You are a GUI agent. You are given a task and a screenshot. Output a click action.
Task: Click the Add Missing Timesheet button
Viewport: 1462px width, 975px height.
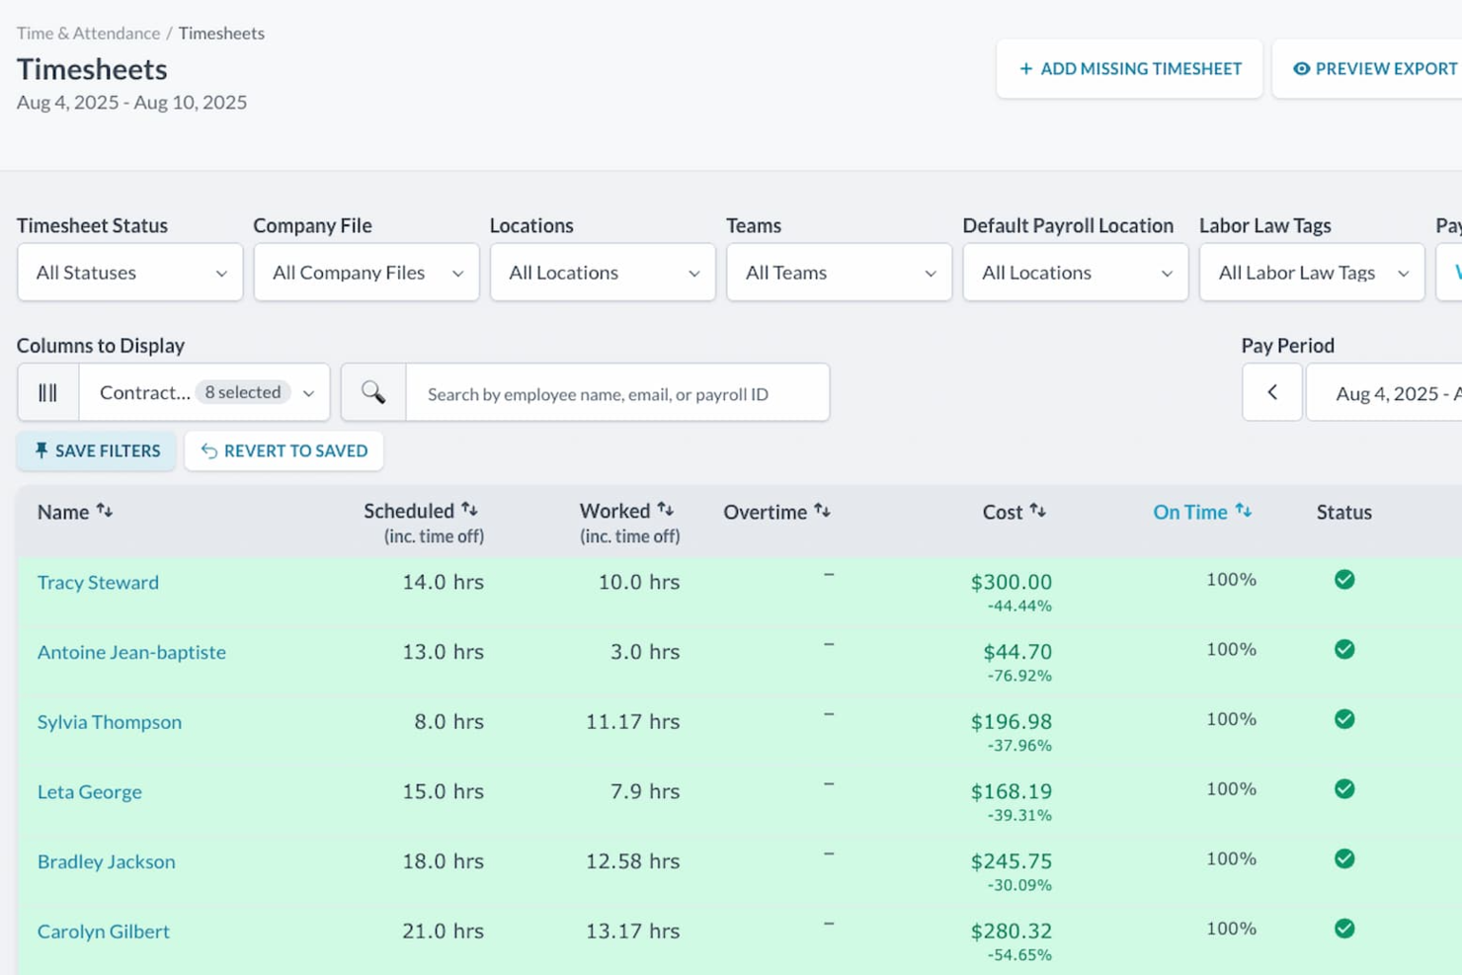tap(1129, 69)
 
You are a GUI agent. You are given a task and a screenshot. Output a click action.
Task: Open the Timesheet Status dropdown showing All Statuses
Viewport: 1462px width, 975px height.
tap(129, 273)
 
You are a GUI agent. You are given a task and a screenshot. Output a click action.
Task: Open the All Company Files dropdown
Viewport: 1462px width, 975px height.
tap(365, 273)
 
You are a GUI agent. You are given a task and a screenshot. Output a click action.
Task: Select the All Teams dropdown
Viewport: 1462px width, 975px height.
tap(839, 273)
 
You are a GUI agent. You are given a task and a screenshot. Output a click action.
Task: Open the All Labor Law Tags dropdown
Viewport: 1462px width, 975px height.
tap(1311, 273)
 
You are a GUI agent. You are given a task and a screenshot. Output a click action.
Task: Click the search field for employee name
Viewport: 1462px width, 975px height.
tap(616, 394)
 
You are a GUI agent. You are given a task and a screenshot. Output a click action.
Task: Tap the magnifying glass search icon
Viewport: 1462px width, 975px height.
tap(373, 393)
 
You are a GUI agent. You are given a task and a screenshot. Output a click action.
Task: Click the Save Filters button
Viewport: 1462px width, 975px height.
tap(97, 451)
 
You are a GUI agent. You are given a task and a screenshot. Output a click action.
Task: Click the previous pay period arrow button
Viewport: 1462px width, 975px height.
tap(1271, 393)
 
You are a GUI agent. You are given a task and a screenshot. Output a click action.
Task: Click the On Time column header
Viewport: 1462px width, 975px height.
tap(1189, 512)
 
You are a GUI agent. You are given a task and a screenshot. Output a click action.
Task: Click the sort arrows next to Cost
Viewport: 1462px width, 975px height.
tap(1037, 511)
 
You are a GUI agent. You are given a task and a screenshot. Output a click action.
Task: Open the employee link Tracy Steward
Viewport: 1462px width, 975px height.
tap(98, 583)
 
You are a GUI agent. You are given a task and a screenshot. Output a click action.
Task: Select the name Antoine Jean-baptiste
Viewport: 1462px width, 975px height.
tap(131, 652)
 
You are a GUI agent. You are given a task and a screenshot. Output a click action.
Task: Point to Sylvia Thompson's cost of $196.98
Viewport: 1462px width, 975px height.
tap(1011, 722)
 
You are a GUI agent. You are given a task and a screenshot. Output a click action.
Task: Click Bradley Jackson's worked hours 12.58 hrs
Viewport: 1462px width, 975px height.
tap(632, 861)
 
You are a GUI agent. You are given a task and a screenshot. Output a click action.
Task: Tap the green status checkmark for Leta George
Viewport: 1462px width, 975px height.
tap(1344, 789)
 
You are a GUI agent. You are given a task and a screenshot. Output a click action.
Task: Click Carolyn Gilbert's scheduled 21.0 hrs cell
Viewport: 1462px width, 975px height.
tap(443, 932)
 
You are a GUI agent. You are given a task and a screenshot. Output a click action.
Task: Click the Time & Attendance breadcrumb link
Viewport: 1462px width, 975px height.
tap(88, 34)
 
